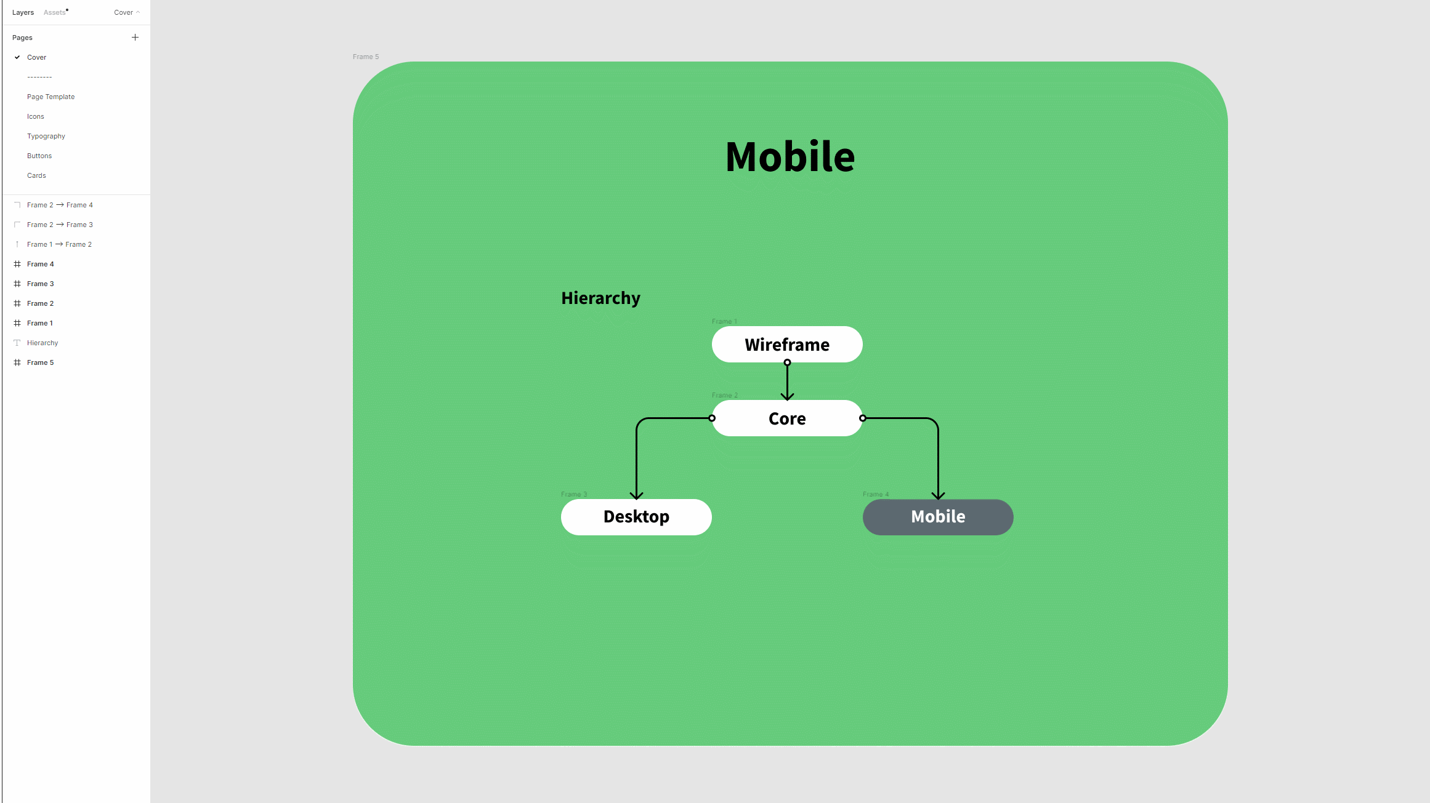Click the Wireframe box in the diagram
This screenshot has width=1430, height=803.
click(x=786, y=345)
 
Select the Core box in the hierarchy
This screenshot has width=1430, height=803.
click(x=786, y=418)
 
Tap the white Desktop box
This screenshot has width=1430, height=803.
click(x=636, y=517)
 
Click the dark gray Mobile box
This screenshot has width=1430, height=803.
click(x=937, y=517)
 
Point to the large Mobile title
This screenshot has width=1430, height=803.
click(x=790, y=156)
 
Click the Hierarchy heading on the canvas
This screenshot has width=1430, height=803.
click(x=600, y=298)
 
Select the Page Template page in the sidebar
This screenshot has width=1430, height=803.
click(x=50, y=97)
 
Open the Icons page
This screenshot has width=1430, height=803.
click(x=36, y=116)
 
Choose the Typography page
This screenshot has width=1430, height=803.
click(x=46, y=136)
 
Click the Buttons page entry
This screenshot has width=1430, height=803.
click(x=39, y=156)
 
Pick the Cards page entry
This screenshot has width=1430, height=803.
click(x=36, y=175)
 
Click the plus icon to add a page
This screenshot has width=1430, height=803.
click(x=135, y=38)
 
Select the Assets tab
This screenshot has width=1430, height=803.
click(x=55, y=12)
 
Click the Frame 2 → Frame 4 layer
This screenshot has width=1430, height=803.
click(x=60, y=205)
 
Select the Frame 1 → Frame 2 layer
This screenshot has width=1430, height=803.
click(x=59, y=244)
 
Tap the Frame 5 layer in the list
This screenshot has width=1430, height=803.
click(x=40, y=362)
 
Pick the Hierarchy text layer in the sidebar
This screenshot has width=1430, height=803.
click(x=42, y=343)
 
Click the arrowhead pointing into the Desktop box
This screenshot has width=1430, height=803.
click(x=636, y=495)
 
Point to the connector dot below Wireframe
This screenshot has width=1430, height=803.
click(x=787, y=362)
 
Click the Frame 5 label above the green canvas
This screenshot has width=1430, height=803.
click(x=366, y=57)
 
